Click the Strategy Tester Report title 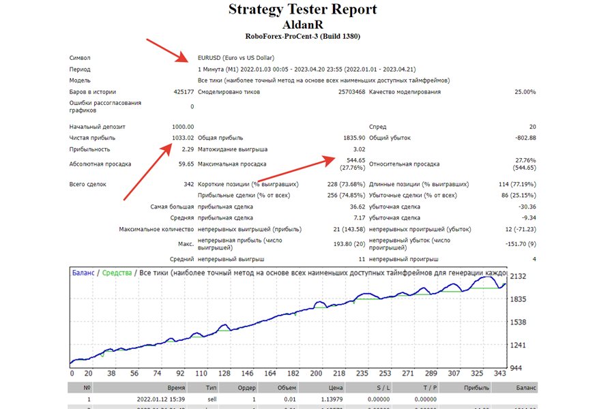click(x=302, y=10)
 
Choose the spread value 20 click(x=532, y=127)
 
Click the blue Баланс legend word click(x=83, y=273)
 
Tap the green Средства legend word click(x=117, y=273)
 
